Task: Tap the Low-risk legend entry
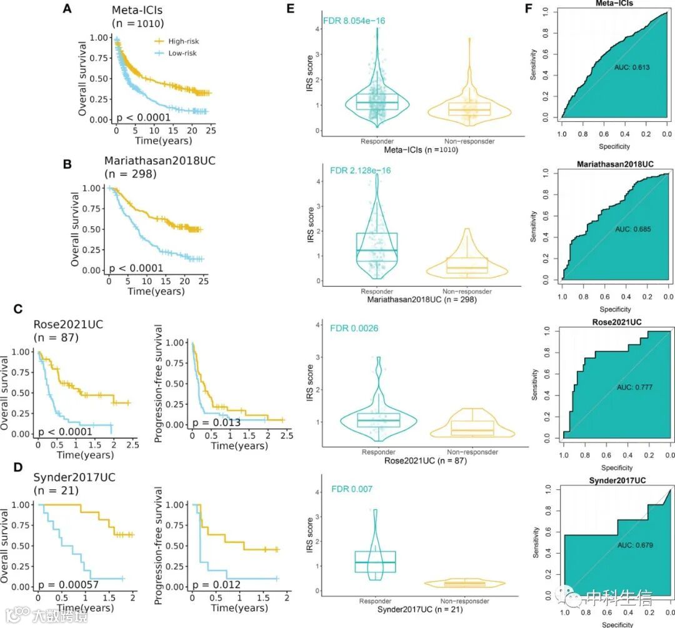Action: (177, 54)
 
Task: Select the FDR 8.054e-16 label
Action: (354, 21)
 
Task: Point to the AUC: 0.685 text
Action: (632, 229)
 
